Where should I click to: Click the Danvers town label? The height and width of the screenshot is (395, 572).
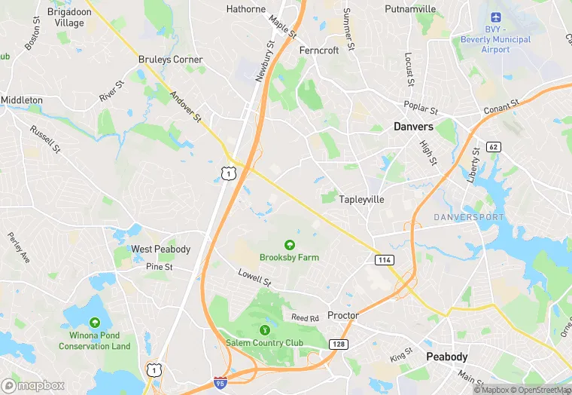(413, 127)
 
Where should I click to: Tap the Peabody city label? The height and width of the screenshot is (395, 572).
(447, 357)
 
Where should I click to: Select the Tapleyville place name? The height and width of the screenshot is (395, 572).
(361, 200)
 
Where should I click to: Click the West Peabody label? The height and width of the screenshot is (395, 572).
(160, 250)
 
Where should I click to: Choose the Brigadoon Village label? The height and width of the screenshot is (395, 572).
(65, 17)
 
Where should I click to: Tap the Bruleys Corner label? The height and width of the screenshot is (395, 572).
(170, 59)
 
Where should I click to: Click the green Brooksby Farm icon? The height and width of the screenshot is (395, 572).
(289, 244)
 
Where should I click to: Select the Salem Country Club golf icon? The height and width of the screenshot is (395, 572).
(264, 329)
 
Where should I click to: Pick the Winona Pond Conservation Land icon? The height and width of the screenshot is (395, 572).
(95, 322)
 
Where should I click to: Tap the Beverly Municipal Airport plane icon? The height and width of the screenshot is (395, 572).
(496, 17)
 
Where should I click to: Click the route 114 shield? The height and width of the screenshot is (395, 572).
(385, 259)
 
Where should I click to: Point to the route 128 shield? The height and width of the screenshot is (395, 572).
(336, 344)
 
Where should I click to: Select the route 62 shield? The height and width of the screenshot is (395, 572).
(494, 146)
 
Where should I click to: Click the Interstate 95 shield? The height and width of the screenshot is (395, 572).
(221, 383)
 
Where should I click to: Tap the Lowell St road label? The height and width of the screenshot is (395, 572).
(254, 277)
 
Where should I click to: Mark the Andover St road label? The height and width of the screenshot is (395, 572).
(186, 107)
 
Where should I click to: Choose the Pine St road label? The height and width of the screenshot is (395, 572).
(160, 267)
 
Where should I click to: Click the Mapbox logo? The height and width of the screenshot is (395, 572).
(33, 385)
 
